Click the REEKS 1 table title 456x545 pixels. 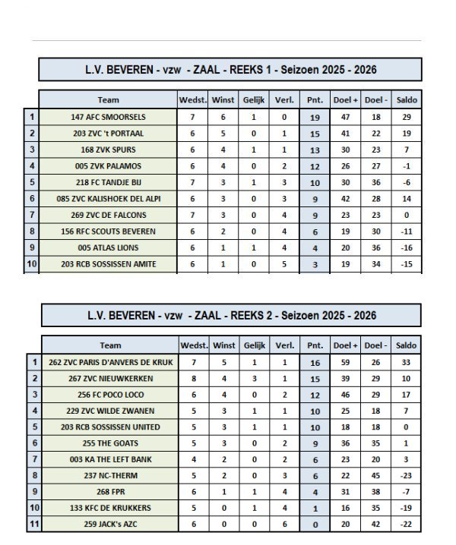[230, 70]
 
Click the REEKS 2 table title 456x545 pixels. [232, 315]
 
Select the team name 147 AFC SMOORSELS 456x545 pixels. [108, 117]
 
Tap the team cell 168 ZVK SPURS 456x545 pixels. [108, 150]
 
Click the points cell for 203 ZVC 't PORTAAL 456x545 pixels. [315, 134]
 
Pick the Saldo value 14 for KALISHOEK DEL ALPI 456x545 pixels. [407, 199]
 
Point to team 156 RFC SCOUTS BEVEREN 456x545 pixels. [108, 232]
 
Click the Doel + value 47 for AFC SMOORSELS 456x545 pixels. [345, 117]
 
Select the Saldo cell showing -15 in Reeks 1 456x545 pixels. [407, 264]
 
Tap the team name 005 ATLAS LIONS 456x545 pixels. [108, 247]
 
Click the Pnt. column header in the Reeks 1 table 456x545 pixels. [315, 100]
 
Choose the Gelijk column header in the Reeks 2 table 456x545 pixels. [255, 345]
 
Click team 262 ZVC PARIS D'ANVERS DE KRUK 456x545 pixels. [110, 362]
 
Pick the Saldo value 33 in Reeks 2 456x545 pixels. [406, 362]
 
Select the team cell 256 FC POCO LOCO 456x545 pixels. [110, 395]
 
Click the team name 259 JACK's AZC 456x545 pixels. [110, 525]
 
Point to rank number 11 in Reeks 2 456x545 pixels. [33, 525]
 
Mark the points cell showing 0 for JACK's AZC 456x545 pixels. [315, 525]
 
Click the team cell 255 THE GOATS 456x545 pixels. [110, 443]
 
